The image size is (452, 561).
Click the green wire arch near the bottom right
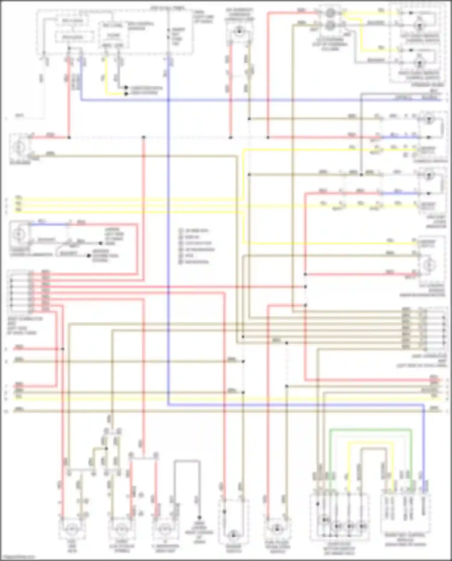[371, 430]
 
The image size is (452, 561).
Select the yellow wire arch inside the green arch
[371, 442]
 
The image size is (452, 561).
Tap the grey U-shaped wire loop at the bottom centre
[187, 461]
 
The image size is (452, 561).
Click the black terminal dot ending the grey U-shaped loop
[199, 517]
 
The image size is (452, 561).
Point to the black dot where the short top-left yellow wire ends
[126, 94]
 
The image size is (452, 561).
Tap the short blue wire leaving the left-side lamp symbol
[48, 224]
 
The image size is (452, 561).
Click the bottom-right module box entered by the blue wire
[405, 512]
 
